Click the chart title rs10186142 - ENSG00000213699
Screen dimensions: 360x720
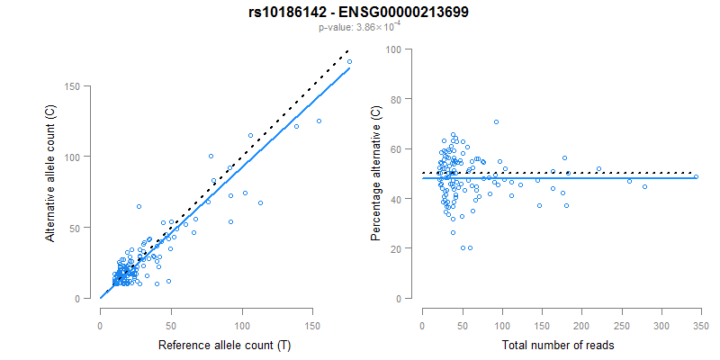[x=360, y=13]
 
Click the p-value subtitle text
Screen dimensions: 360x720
[x=360, y=28]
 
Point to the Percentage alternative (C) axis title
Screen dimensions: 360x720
[x=376, y=173]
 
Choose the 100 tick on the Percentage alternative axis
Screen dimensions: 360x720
[x=394, y=49]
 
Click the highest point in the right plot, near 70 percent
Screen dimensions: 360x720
[x=496, y=121]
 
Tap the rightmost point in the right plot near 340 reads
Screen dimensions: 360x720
[x=696, y=176]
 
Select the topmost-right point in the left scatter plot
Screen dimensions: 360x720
[x=349, y=62]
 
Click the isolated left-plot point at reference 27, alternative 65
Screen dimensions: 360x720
[x=139, y=206]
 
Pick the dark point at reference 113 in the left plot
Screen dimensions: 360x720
[x=260, y=203]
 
